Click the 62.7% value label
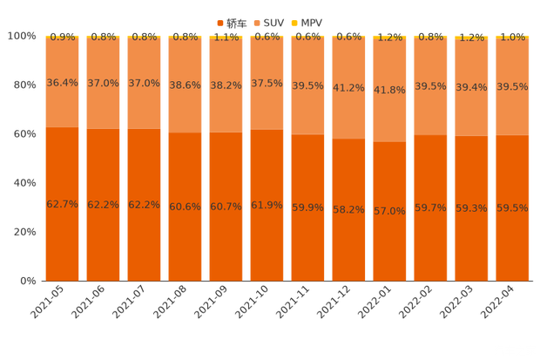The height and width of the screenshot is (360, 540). coord(62,203)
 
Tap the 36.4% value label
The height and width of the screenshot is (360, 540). coord(62,83)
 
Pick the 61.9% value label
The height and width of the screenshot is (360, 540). coord(267,205)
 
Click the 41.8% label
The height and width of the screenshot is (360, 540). coord(389,90)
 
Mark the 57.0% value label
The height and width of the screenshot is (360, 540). coord(389,211)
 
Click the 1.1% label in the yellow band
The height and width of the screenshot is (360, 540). coord(226,37)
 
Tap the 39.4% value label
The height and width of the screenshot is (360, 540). coord(471,87)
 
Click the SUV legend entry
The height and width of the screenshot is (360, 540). coord(272,21)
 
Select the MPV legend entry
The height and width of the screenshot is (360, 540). coord(313,21)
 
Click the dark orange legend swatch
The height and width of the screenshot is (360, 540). coord(220,21)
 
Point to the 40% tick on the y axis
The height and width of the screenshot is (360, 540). coord(22,183)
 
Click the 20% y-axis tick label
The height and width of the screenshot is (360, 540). coord(22,232)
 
